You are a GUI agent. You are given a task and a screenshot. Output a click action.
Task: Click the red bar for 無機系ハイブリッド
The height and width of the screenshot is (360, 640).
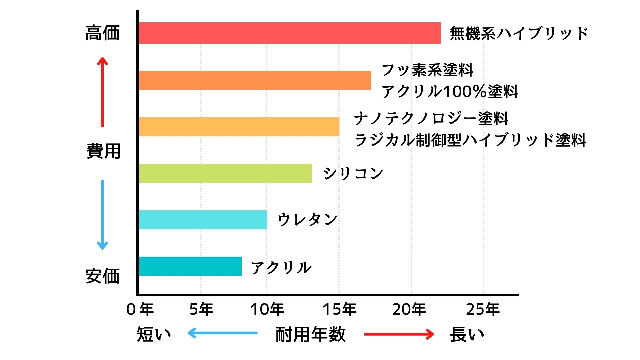[289, 33]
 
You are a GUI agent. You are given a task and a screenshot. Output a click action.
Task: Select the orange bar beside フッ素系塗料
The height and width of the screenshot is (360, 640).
[255, 80]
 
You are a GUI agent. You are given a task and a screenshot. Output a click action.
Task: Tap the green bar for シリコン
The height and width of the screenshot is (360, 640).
[225, 173]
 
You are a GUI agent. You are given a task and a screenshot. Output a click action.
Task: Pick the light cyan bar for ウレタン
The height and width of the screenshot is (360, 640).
[203, 220]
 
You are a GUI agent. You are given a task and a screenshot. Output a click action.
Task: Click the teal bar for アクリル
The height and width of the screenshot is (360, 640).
[190, 266]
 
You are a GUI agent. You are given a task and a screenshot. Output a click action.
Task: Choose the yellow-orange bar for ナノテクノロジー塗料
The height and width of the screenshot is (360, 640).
[239, 127]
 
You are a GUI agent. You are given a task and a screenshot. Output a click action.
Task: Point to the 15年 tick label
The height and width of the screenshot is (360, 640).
[339, 309]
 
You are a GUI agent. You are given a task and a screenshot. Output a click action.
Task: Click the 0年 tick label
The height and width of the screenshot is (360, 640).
[140, 309]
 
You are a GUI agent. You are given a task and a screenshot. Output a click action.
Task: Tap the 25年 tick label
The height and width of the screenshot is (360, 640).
[483, 309]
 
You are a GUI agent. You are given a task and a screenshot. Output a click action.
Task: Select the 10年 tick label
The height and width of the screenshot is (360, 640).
[267, 309]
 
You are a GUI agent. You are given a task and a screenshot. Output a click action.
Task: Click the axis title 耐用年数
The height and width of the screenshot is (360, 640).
[310, 334]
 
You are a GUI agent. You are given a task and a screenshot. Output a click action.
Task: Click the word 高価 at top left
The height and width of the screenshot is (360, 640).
[103, 33]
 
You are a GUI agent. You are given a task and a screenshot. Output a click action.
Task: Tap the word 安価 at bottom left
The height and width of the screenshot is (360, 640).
[103, 276]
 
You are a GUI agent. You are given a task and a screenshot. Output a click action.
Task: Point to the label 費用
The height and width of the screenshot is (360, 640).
[103, 151]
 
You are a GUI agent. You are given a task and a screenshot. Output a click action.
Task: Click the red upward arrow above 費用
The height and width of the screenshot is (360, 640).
[102, 92]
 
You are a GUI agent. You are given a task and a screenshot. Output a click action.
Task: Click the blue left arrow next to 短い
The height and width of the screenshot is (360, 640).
[222, 333]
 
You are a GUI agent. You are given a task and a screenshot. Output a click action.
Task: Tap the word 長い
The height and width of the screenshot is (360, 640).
[467, 334]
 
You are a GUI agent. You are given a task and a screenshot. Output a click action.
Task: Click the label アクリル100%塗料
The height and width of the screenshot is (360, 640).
[450, 91]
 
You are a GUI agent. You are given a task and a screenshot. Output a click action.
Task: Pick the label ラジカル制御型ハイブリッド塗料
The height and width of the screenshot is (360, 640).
[470, 140]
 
